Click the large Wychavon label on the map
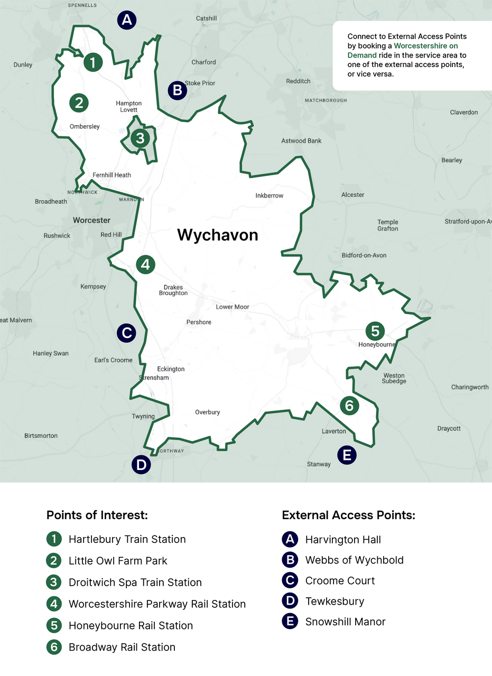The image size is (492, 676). [x=218, y=235]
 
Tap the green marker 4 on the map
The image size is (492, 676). [x=145, y=265]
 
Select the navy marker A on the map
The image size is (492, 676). [x=126, y=21]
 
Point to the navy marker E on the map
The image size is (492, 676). [x=347, y=454]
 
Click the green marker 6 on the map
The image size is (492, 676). [x=349, y=406]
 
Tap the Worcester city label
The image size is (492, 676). [x=91, y=220]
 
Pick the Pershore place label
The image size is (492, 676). [x=199, y=322]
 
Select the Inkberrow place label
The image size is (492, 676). [x=270, y=195]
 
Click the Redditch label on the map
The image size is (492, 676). [x=298, y=81]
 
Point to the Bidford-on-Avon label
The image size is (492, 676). [x=364, y=255]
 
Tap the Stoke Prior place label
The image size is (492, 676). [x=200, y=83]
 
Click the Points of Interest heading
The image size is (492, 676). [x=97, y=515]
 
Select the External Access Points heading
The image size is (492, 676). [x=348, y=515]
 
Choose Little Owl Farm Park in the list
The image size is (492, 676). [x=118, y=561]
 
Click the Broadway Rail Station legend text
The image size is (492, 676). [x=122, y=647]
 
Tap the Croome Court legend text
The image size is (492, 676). [x=340, y=580]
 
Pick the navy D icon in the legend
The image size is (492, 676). [x=290, y=601]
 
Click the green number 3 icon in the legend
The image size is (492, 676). [x=54, y=583]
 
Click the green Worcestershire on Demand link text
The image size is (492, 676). [x=425, y=46]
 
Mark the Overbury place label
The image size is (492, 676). [x=207, y=412]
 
